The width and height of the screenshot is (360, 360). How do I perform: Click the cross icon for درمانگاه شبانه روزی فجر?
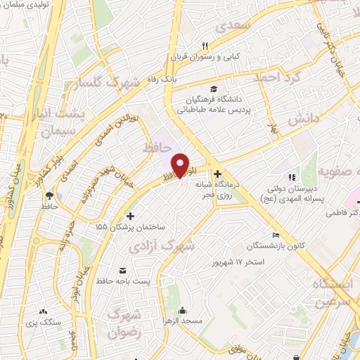217,173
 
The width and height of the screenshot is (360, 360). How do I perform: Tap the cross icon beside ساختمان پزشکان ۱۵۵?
129,216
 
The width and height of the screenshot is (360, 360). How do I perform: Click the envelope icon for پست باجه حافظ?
124,271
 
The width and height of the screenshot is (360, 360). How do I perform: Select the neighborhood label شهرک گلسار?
103,84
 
